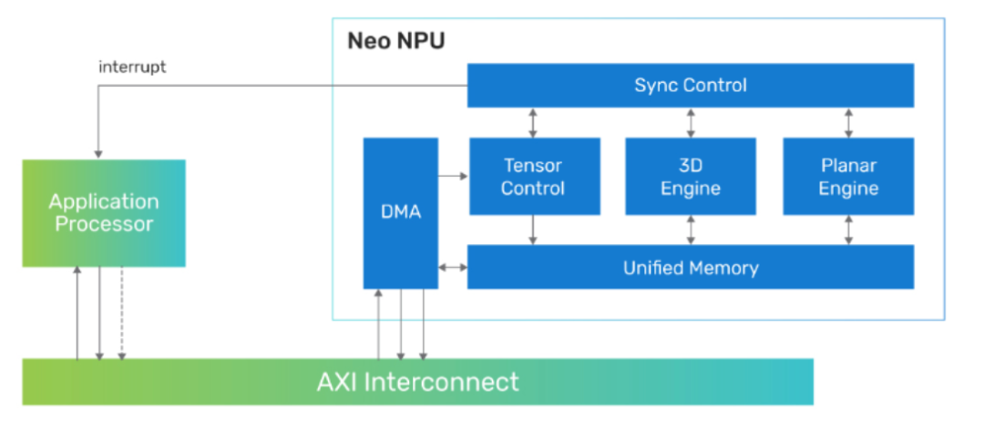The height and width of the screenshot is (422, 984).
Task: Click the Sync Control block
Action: pyautogui.click(x=690, y=86)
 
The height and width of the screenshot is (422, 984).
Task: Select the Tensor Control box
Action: pyautogui.click(x=534, y=177)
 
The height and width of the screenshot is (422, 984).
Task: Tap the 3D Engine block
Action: pyautogui.click(x=690, y=177)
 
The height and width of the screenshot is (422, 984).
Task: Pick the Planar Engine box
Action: pyautogui.click(x=848, y=177)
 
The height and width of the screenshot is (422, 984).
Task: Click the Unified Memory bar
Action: pyautogui.click(x=690, y=268)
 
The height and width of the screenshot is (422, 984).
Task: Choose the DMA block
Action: pyautogui.click(x=400, y=213)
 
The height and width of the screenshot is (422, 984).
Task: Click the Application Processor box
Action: pyautogui.click(x=104, y=213)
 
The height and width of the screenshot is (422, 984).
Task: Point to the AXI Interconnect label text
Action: pyautogui.click(x=417, y=381)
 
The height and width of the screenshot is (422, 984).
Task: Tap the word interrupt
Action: pyautogui.click(x=132, y=67)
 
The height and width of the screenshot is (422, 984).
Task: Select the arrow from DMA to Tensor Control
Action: pyautogui.click(x=453, y=176)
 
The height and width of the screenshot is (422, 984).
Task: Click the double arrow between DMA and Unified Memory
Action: pyautogui.click(x=453, y=267)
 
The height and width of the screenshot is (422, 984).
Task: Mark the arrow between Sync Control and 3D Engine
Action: pyautogui.click(x=691, y=122)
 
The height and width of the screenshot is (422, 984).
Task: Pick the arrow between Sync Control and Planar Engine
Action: pyautogui.click(x=849, y=122)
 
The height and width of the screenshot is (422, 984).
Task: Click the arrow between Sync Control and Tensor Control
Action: pyautogui.click(x=534, y=122)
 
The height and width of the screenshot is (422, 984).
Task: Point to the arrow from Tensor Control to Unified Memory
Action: pyautogui.click(x=534, y=230)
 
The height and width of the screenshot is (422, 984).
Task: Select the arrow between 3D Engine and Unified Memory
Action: pyautogui.click(x=691, y=230)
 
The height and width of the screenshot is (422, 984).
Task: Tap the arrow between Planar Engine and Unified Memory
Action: pyautogui.click(x=849, y=230)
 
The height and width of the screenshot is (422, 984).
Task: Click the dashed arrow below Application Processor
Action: pyautogui.click(x=122, y=314)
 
